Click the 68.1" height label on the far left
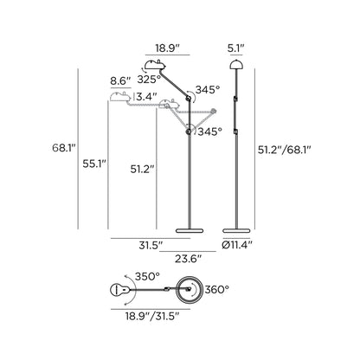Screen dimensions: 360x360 [64, 148]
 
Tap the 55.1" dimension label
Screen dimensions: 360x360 [94, 164]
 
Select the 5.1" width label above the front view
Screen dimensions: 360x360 [236, 48]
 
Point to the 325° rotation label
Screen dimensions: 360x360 [149, 80]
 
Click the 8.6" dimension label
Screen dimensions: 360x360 [120, 81]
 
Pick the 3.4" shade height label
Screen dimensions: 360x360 [146, 97]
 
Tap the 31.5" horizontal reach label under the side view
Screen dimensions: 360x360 [151, 246]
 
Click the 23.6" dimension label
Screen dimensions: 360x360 [188, 259]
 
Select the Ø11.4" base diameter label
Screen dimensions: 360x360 [237, 245]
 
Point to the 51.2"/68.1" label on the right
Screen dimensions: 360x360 [285, 150]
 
